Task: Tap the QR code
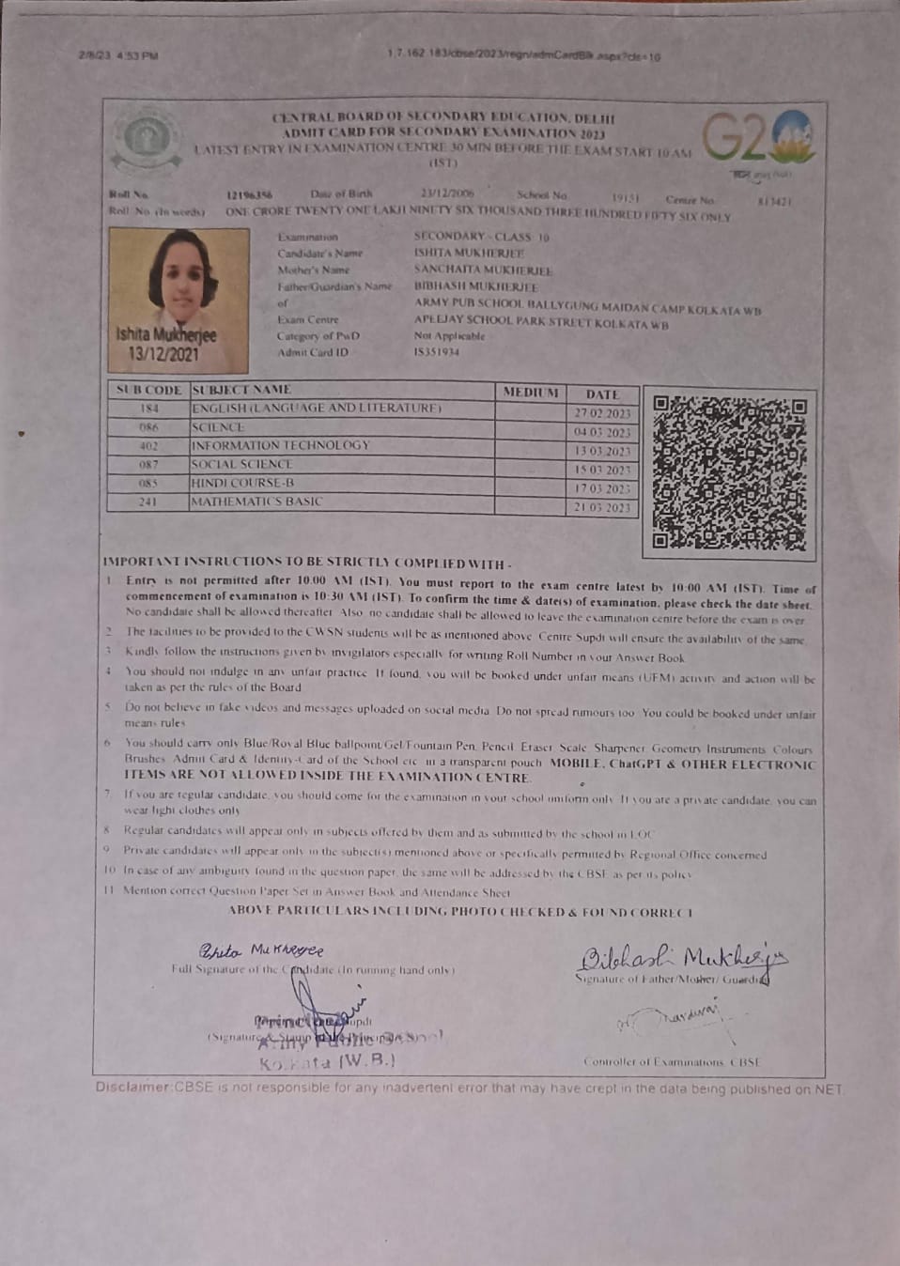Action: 730,472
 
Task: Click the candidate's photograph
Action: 178,301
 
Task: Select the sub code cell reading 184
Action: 149,409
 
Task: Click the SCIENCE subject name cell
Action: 218,427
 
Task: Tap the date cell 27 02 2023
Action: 602,414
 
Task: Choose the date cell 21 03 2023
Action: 602,508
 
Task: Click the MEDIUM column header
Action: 531,393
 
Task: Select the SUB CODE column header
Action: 149,390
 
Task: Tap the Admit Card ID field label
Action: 313,352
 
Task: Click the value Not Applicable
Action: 449,336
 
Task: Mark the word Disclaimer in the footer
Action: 132,1088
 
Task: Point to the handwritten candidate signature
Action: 260,950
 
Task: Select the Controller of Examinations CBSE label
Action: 671,1062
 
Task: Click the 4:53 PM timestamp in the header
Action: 137,56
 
